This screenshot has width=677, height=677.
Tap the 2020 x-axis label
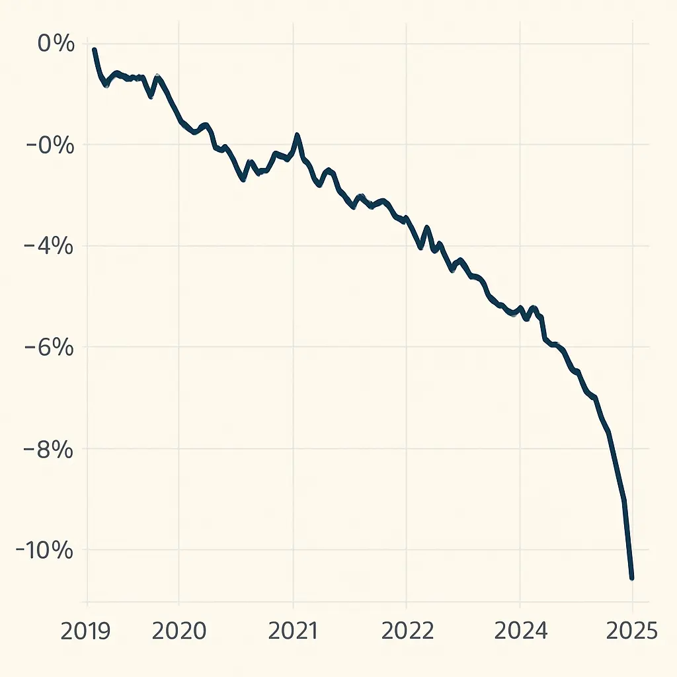pos(179,631)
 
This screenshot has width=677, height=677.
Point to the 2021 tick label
pos(293,631)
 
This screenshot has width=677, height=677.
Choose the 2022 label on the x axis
pos(407,631)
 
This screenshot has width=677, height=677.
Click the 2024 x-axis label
pos(520,631)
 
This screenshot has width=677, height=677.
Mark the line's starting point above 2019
pos(95,50)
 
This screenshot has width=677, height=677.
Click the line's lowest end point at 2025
pos(632,578)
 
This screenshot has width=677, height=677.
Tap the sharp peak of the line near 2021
pos(298,136)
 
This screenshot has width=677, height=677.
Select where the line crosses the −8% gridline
pos(613,449)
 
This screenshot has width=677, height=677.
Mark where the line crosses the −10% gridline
pos(628,550)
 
